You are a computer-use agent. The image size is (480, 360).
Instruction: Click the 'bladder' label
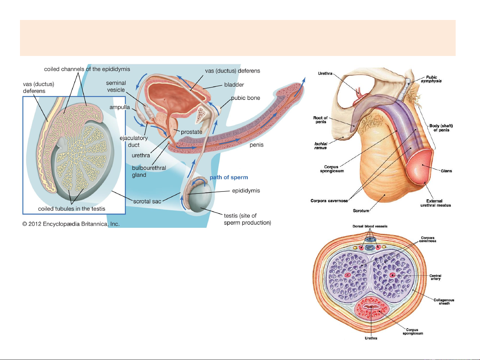pyautogui.click(x=234, y=85)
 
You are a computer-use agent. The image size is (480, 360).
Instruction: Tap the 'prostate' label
pyautogui.click(x=192, y=132)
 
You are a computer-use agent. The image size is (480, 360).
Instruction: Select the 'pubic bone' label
pyautogui.click(x=245, y=98)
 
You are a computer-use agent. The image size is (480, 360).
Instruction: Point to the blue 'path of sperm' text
pyautogui.click(x=229, y=178)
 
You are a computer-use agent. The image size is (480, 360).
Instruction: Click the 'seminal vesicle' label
pyautogui.click(x=116, y=86)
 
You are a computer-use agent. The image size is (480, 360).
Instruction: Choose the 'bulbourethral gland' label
pyautogui.click(x=149, y=172)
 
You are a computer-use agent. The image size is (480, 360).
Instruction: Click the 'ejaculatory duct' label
pyautogui.click(x=134, y=141)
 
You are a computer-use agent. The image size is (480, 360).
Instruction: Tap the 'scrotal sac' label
pyautogui.click(x=147, y=201)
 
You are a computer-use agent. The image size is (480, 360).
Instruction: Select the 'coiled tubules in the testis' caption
pyautogui.click(x=72, y=209)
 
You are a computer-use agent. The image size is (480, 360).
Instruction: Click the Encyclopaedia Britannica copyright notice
pyautogui.click(x=71, y=224)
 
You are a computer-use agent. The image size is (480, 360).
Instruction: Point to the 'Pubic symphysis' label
pyautogui.click(x=431, y=79)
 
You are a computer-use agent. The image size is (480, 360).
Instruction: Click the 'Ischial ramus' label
pyautogui.click(x=320, y=146)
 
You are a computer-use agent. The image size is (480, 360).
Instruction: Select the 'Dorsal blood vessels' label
pyautogui.click(x=370, y=226)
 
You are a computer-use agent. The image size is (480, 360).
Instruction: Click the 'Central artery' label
pyautogui.click(x=435, y=277)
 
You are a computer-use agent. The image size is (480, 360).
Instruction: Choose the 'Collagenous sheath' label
pyautogui.click(x=444, y=302)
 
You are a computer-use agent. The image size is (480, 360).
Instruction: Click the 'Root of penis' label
pyautogui.click(x=320, y=120)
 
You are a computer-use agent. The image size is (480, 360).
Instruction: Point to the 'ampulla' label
pyautogui.click(x=120, y=107)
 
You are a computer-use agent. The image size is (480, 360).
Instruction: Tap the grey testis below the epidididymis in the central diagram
pyautogui.click(x=202, y=201)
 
